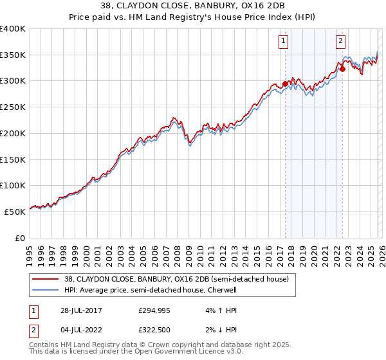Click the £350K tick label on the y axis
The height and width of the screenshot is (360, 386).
pyautogui.click(x=13, y=55)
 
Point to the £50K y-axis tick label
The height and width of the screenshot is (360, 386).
pyautogui.click(x=15, y=212)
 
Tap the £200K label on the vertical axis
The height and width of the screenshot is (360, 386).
pyautogui.click(x=13, y=133)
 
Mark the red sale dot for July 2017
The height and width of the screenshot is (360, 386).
pyautogui.click(x=285, y=84)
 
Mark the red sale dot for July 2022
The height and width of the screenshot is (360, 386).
pyautogui.click(x=342, y=69)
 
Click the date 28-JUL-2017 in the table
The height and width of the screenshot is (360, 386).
pyautogui.click(x=79, y=310)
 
